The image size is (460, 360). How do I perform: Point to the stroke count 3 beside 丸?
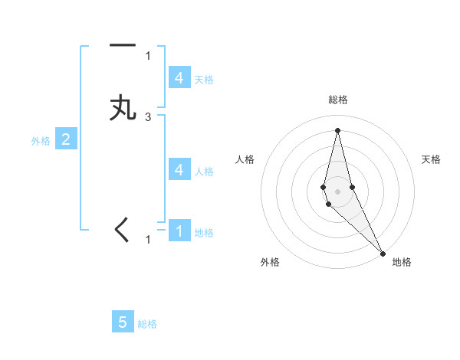[x=148, y=117]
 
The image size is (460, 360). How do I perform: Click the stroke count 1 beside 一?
[x=148, y=55]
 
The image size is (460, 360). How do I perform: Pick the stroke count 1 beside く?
[x=148, y=240]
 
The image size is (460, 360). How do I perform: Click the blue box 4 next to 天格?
[x=179, y=77]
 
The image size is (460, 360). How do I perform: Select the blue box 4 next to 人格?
[x=179, y=169]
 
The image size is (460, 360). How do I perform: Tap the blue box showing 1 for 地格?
[x=179, y=231]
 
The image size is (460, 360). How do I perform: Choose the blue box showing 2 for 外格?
[x=66, y=139]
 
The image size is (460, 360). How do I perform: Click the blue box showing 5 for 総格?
[x=123, y=322]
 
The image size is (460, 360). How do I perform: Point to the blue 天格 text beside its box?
[x=204, y=79]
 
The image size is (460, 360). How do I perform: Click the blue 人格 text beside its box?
[x=204, y=171]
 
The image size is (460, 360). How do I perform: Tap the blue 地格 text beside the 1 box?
[x=204, y=232]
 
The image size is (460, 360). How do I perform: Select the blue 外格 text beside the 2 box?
[x=41, y=141]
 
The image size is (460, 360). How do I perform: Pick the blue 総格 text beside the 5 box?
[x=147, y=324]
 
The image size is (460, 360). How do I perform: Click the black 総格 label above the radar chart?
[x=338, y=100]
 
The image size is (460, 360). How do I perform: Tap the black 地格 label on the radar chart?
[x=402, y=262]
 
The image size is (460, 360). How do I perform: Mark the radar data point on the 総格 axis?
[x=337, y=129]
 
